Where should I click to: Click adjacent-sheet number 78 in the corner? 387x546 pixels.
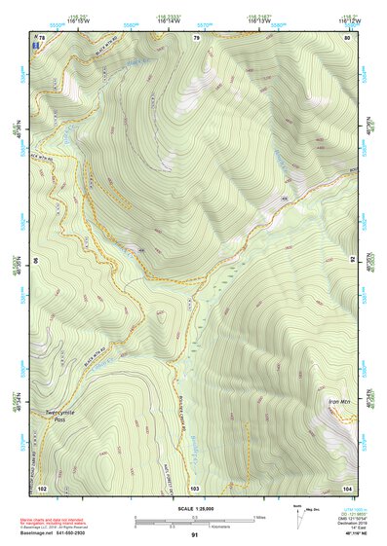pos(41,37)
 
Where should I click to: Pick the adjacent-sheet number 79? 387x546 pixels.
pos(196,37)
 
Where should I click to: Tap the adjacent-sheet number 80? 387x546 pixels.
pos(348,37)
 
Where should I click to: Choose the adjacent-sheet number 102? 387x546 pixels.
pos(42,487)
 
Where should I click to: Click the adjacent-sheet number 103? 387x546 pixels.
pos(195,487)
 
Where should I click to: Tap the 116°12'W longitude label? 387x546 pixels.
pos(346,18)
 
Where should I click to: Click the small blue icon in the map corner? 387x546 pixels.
pos(36,46)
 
